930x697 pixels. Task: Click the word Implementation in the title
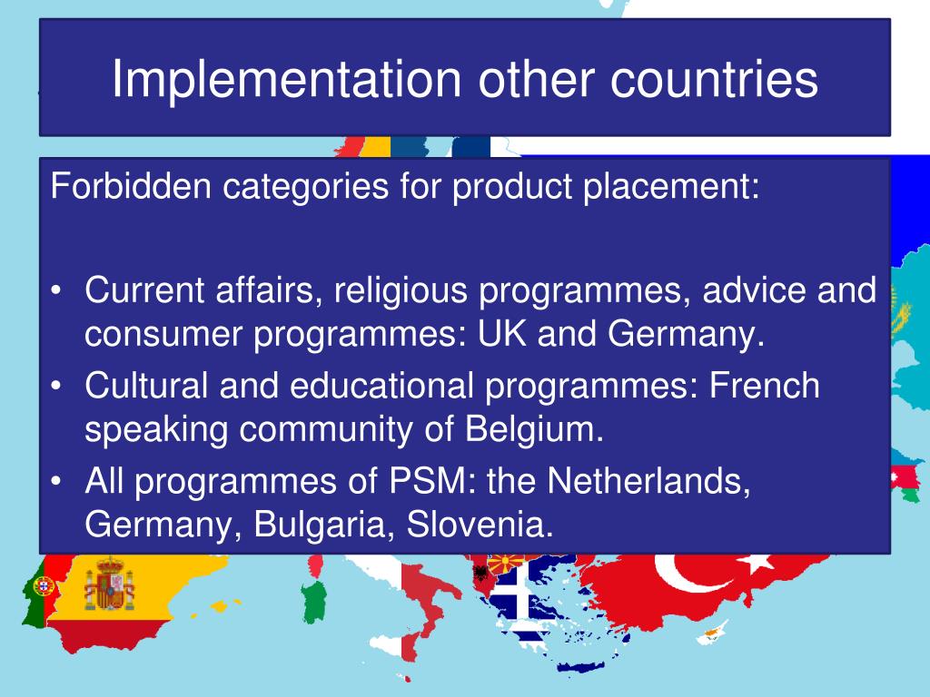(x=286, y=80)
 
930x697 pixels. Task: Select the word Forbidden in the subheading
(x=131, y=185)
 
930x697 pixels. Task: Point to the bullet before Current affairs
(x=56, y=291)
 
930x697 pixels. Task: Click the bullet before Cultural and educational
(x=56, y=386)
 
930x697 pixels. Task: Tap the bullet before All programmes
(x=56, y=481)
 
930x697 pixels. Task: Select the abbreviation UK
(x=502, y=333)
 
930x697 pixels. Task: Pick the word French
(x=765, y=385)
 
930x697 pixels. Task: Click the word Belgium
(x=534, y=429)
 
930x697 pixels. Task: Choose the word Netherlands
(x=648, y=481)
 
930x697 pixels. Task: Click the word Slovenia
(x=480, y=525)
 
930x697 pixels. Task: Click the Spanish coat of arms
(x=109, y=584)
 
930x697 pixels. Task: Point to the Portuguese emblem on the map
(x=43, y=586)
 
